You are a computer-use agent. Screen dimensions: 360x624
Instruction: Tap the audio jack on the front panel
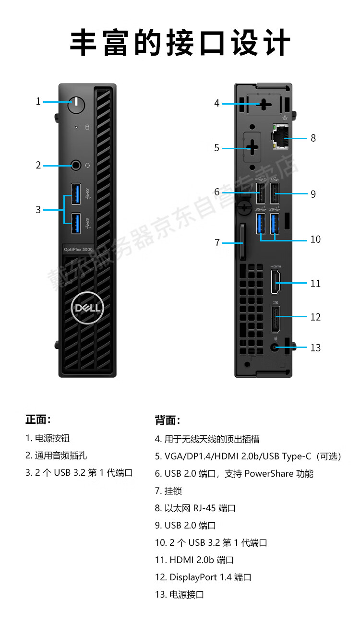76,166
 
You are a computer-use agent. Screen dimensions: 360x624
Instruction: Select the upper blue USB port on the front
76,193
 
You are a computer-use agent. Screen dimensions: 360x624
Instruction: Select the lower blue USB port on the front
76,223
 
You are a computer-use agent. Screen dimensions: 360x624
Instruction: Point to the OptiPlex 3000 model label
78,249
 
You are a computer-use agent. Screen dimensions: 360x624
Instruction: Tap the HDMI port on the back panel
276,283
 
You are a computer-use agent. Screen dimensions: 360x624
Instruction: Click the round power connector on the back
276,347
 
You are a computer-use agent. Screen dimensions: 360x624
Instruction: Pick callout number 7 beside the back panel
217,243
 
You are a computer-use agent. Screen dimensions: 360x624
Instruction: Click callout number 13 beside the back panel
315,348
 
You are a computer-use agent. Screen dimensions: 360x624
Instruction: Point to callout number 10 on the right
315,239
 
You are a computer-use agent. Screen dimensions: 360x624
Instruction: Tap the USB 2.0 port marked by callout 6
261,194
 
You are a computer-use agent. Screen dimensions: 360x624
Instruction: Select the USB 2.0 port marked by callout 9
275,194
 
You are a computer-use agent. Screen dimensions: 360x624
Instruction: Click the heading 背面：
167,420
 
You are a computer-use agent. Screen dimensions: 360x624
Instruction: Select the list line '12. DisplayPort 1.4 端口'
203,577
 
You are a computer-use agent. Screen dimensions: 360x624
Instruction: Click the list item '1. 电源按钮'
48,438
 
